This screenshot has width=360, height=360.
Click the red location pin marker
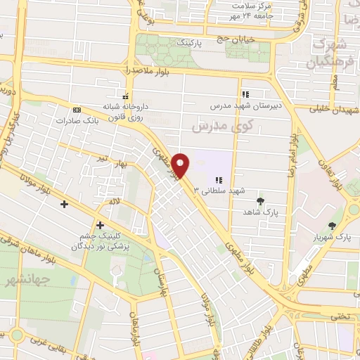(x=181, y=165)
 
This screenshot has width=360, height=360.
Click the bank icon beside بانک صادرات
(x=77, y=110)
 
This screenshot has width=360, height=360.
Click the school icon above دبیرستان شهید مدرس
(x=245, y=94)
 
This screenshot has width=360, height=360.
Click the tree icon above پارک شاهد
(x=261, y=200)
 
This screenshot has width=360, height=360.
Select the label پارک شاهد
(x=262, y=212)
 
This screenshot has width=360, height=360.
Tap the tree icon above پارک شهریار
(x=332, y=226)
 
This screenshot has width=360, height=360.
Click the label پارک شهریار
(x=332, y=237)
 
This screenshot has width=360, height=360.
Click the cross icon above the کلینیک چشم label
(x=100, y=225)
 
